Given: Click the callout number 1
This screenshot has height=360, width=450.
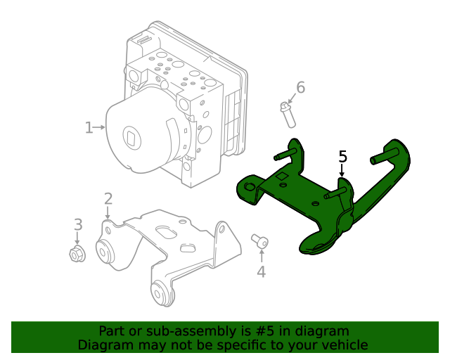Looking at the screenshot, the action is [89, 127].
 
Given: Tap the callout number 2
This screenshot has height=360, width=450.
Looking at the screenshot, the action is [108, 199].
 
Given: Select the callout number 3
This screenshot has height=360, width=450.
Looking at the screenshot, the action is [78, 224].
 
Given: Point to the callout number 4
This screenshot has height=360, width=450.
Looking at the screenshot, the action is [261, 271].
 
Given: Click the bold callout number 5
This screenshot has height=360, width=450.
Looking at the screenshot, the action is [342, 157].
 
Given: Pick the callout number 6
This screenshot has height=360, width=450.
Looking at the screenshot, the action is [300, 87].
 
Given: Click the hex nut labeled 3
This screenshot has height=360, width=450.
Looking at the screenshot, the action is [77, 254].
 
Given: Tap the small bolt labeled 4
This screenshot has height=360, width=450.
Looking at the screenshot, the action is [259, 241].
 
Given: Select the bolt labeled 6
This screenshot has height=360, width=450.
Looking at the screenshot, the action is [288, 115].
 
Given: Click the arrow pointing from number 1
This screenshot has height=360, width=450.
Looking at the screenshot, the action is [99, 127].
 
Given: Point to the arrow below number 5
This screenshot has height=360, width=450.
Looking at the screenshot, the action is [342, 170].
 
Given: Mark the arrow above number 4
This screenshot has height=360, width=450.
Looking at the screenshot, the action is [262, 256].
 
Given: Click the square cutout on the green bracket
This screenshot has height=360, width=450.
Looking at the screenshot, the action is [282, 176].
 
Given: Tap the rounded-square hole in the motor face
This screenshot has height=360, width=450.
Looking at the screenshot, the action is [132, 137].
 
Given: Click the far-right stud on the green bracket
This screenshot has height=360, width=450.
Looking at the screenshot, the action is [384, 156].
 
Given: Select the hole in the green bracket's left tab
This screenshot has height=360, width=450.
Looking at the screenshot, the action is [250, 188].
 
